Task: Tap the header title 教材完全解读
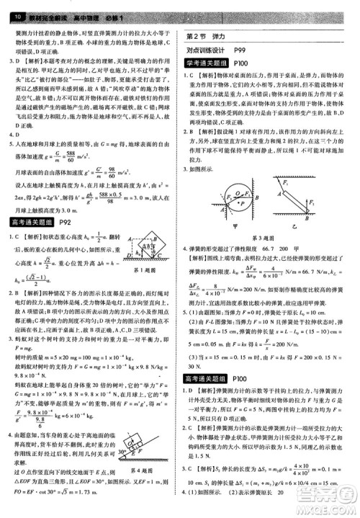coord(42,6)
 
